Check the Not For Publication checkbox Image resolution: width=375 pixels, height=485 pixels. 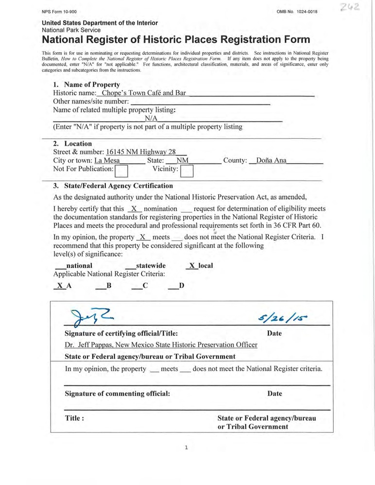(x=121, y=171)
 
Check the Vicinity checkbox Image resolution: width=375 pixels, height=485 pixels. (x=187, y=171)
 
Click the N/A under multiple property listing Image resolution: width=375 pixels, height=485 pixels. (x=152, y=118)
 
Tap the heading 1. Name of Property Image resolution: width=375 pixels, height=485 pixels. (x=86, y=84)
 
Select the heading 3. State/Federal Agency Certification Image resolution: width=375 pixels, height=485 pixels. (x=113, y=185)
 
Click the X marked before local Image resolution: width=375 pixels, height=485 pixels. (x=192, y=266)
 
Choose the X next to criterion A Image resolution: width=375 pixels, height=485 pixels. (x=60, y=285)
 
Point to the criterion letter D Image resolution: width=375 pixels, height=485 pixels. (x=181, y=285)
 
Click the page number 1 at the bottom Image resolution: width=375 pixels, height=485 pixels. (x=187, y=448)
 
